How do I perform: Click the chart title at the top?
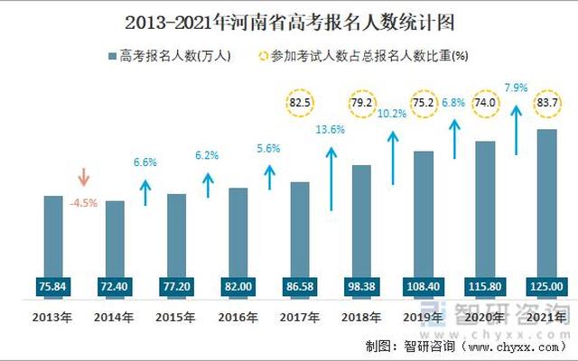(x=288, y=19)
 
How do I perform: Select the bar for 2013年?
(x=53, y=235)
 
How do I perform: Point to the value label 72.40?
(x=115, y=286)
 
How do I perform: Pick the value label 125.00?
(x=545, y=286)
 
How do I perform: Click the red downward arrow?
(x=83, y=177)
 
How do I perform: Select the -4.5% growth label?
(x=83, y=202)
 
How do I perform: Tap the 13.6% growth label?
(x=331, y=129)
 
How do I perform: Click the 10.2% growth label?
(x=392, y=114)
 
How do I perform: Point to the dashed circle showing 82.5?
(x=300, y=104)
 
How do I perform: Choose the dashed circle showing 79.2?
(x=361, y=104)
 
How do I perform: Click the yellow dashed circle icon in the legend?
(x=262, y=56)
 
